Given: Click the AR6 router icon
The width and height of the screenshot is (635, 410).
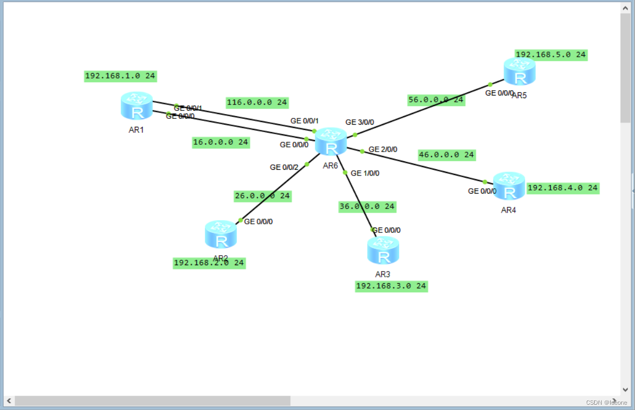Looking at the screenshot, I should [331, 142].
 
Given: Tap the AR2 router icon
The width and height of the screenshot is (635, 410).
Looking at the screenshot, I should [221, 234].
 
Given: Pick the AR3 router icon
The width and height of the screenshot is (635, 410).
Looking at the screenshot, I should [383, 250].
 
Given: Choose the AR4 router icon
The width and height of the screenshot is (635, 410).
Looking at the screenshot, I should [509, 186].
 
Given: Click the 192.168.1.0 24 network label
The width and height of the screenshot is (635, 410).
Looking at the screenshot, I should [120, 76].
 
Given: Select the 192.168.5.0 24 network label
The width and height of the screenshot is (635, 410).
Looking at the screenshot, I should [551, 54].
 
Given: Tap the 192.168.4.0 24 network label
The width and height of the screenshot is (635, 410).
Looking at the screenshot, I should [562, 188].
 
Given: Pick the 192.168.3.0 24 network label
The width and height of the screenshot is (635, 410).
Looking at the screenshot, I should [391, 286].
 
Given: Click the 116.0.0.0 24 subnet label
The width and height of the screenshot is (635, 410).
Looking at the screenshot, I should [257, 102].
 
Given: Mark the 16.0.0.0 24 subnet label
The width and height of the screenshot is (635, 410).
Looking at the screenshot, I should [221, 142].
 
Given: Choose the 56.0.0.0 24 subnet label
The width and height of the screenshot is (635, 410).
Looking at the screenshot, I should [436, 100].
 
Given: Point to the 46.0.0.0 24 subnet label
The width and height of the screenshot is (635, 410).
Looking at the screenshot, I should [446, 155].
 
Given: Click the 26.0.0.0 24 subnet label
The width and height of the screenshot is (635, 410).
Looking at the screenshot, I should [262, 196].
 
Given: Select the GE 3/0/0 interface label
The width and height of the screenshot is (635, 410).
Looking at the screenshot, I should [360, 122].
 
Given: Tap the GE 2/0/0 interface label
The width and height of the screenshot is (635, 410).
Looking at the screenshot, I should [383, 150].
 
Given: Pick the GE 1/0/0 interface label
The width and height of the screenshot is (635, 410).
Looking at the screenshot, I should [365, 173].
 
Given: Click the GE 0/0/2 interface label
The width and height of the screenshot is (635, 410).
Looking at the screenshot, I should [284, 167].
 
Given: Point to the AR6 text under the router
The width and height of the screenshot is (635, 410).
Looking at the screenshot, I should [330, 165].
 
